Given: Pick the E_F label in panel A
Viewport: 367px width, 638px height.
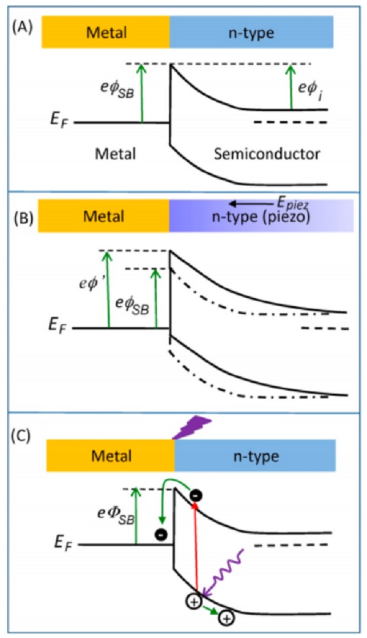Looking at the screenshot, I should [x=60, y=122].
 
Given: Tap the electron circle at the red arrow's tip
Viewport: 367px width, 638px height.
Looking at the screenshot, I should [x=196, y=495].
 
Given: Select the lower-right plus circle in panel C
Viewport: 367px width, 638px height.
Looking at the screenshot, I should [x=227, y=619].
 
